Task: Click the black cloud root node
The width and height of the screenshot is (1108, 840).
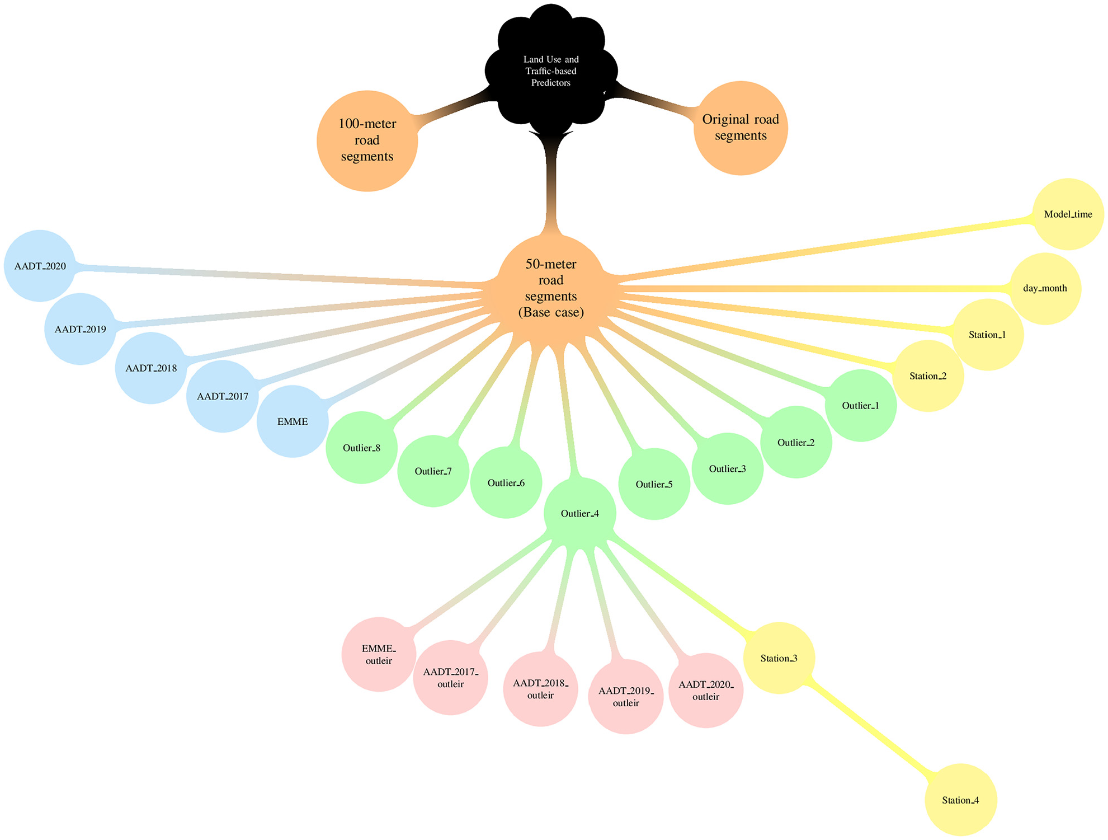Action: pos(551,71)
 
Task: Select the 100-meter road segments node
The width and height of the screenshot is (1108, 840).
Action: pos(367,140)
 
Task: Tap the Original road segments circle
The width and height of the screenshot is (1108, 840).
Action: pos(741,128)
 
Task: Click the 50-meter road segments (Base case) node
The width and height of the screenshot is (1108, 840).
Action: pos(551,288)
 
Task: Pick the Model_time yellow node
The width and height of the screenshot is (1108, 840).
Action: pos(1068,214)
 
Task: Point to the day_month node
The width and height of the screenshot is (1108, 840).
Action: pos(1045,288)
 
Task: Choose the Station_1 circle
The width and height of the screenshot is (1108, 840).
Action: pos(987,335)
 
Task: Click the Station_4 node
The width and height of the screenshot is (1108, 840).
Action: pos(960,800)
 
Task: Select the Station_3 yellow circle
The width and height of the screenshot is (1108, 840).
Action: pos(779,658)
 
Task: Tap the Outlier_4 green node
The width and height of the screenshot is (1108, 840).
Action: pos(580,513)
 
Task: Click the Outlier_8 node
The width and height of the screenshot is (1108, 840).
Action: pos(361,448)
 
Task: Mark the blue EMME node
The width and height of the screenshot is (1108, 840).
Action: pos(293,421)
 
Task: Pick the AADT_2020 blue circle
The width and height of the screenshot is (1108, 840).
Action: pos(40,266)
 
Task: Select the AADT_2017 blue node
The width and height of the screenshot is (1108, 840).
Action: pos(223,396)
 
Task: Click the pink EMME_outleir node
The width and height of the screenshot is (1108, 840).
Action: pos(379,654)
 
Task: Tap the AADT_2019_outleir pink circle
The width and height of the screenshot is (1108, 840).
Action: pos(626,697)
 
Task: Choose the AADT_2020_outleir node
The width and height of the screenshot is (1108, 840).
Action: pos(706,691)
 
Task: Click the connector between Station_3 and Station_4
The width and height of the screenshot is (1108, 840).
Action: pos(870,729)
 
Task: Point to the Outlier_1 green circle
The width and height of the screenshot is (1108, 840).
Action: pos(861,405)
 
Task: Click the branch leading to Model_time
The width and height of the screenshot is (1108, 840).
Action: pos(825,247)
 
